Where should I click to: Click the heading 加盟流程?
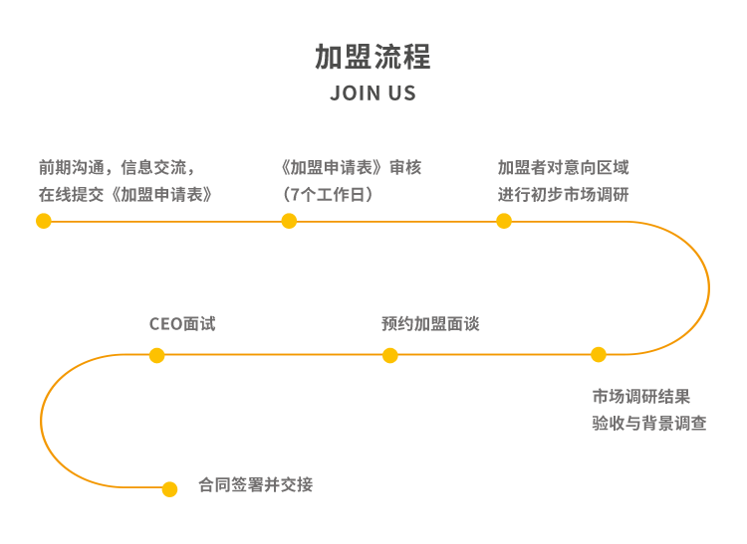[x=373, y=57]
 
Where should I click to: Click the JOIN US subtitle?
[x=373, y=94]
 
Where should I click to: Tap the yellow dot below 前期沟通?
[x=44, y=221]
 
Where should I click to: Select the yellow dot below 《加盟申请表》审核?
[x=289, y=221]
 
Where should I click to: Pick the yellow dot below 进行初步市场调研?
[x=504, y=221]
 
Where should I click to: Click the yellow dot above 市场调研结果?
[x=598, y=354]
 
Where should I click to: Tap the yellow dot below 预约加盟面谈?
[x=390, y=355]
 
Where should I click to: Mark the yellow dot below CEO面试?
[x=156, y=355]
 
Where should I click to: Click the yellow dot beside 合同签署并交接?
[x=169, y=488]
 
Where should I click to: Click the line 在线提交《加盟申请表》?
[x=126, y=194]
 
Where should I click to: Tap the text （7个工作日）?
[x=329, y=194]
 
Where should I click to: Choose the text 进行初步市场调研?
[x=564, y=194]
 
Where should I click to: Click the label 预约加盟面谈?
[x=430, y=324]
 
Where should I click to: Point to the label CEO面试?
[x=182, y=324]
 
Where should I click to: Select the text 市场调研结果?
[x=641, y=397]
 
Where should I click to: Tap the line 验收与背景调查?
[x=649, y=424]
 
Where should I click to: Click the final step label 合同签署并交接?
[x=256, y=485]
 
